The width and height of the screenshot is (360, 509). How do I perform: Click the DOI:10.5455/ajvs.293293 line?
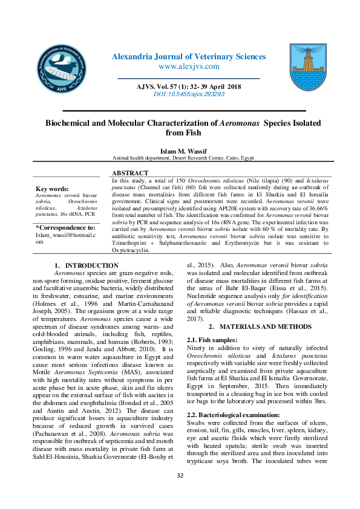(188, 94)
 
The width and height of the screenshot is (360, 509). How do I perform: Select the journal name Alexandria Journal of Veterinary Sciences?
(189, 57)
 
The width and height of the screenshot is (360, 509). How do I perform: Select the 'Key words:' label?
(52, 189)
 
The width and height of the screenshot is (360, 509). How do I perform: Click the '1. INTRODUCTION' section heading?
(87, 265)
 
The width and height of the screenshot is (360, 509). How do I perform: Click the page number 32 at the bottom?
(180, 493)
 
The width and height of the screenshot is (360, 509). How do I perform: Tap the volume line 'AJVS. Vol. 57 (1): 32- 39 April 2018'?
(188, 87)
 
